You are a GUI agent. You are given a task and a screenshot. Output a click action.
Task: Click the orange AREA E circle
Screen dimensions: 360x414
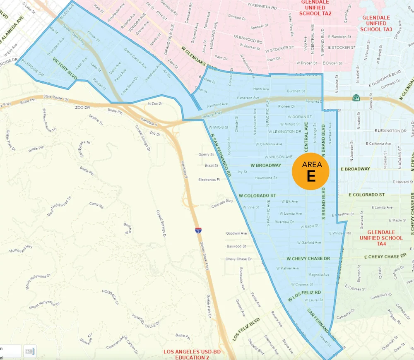[310, 171]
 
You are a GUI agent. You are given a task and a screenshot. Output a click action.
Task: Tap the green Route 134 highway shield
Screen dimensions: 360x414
[356, 98]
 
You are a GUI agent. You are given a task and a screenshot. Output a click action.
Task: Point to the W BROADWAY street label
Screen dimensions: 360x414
[265, 165]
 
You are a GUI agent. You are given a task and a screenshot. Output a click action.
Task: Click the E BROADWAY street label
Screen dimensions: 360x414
[355, 169]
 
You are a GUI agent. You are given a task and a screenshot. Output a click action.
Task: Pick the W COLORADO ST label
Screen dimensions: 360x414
[257, 195]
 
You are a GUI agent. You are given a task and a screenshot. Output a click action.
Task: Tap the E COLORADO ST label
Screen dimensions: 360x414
[367, 194]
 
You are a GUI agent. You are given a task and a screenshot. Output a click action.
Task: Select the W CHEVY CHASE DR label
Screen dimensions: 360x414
[308, 259]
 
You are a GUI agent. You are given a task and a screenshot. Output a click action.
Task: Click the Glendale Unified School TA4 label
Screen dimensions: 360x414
[381, 238]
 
